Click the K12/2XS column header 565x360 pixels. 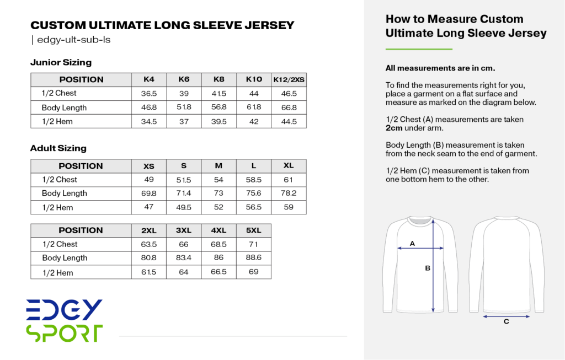tap(289, 80)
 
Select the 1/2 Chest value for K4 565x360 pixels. tap(148, 94)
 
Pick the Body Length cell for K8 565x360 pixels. tap(219, 108)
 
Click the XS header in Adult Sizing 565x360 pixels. tap(149, 166)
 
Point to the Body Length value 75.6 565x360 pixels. tap(254, 194)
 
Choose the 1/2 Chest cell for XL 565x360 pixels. tap(289, 180)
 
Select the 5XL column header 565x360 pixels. tap(254, 230)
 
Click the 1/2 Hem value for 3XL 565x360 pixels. tap(184, 272)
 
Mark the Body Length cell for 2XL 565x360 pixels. tap(149, 258)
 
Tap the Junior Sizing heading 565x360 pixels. tap(61, 62)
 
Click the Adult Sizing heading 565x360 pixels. tap(58, 148)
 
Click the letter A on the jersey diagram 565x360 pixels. tap(412, 243)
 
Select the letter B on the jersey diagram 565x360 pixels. tap(427, 268)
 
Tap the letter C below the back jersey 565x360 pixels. tap(506, 322)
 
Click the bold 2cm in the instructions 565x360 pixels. tap(394, 128)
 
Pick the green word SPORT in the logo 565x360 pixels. tap(64, 332)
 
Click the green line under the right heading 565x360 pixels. tap(419, 50)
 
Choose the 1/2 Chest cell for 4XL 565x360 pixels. tap(219, 244)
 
